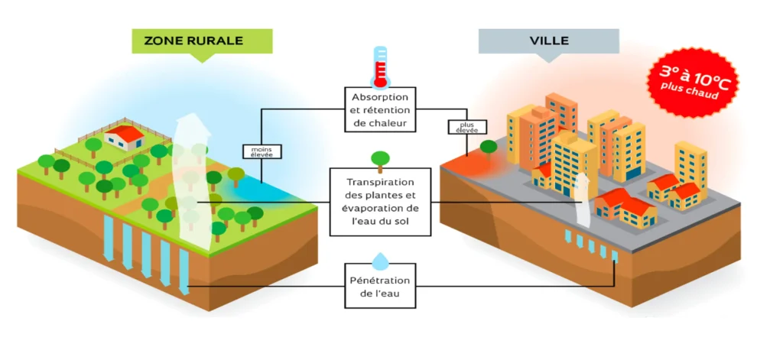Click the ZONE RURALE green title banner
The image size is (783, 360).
pyautogui.click(x=202, y=41)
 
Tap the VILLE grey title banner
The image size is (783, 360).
pyautogui.click(x=548, y=41)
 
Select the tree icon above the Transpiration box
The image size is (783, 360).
pyautogui.click(x=379, y=159)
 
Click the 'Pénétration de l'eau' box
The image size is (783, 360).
pyautogui.click(x=379, y=287)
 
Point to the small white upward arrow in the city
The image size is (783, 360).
pyautogui.click(x=583, y=200)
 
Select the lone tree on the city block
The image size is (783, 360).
pyautogui.click(x=488, y=146)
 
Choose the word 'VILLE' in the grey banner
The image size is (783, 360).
pyautogui.click(x=548, y=41)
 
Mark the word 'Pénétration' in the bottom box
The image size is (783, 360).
pyautogui.click(x=379, y=281)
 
